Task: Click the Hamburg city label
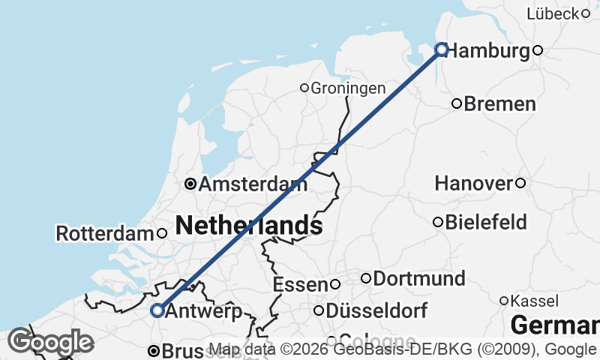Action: click(489, 51)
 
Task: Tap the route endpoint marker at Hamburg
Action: click(442, 49)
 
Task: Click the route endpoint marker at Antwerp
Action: click(157, 310)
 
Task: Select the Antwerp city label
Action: click(202, 310)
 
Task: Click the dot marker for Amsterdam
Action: click(190, 184)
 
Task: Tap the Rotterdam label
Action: click(105, 233)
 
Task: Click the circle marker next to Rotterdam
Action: click(162, 233)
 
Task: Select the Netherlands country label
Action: click(249, 224)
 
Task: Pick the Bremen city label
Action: click(500, 103)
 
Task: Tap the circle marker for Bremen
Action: click(457, 103)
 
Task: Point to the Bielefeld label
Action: click(486, 222)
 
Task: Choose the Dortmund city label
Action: click(419, 278)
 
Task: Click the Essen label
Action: click(300, 285)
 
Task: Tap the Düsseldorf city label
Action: click(377, 310)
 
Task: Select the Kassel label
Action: click(534, 301)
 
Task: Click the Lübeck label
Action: click(553, 13)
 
